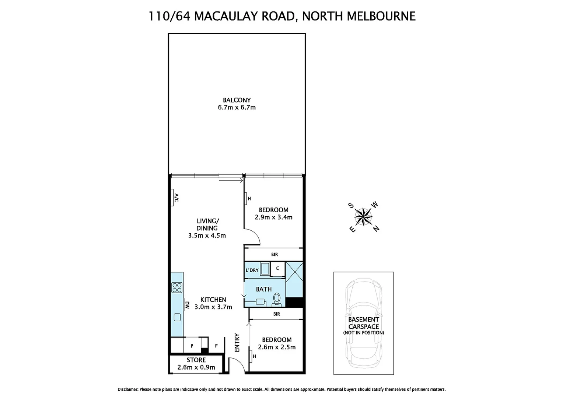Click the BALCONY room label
coord(237,100)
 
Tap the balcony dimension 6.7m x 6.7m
coord(237,108)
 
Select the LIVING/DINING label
coord(207,224)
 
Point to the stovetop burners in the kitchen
coord(177,287)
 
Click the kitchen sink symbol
coord(177,317)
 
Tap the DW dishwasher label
coord(187,305)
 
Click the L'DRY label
coord(252,270)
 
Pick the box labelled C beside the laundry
coord(277,269)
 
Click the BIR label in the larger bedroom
coord(274,254)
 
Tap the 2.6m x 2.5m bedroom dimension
coord(277,347)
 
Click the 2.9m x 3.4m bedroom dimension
coord(273,217)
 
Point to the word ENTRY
coord(237,342)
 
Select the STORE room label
coord(196,360)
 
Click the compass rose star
coord(363,216)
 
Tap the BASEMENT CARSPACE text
coord(363,323)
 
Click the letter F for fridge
coord(216,346)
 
